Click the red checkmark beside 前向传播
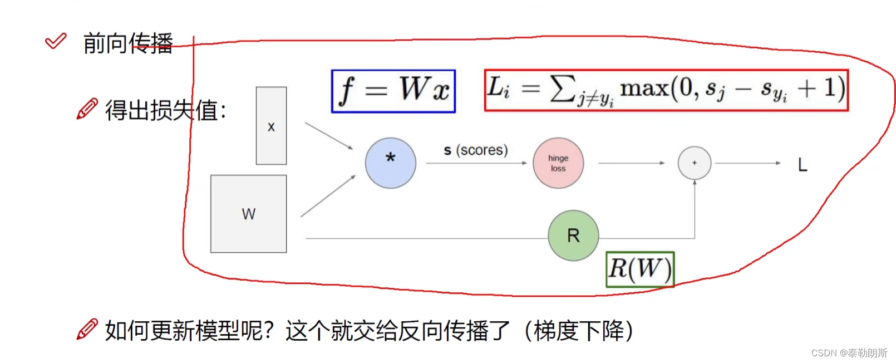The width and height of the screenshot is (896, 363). pos(56,41)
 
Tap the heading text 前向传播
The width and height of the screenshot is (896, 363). pos(128,43)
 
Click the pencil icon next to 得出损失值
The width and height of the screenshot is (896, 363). pos(87,109)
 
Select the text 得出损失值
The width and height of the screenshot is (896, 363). pos(165,110)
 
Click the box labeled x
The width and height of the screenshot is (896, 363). pos(271,126)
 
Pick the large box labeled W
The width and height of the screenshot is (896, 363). pos(248,214)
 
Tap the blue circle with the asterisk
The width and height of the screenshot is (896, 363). pos(390,163)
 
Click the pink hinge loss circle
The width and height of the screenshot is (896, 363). pos(558,163)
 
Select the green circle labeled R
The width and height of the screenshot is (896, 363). pos(573,236)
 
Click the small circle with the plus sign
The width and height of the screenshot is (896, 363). pos(694,163)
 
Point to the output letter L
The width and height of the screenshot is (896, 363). pos(802,165)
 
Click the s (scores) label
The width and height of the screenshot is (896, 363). pos(476,150)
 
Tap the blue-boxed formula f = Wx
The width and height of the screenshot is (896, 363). pos(393,91)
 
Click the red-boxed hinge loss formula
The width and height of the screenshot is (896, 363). pos(666,90)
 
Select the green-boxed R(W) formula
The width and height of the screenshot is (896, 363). pos(640,269)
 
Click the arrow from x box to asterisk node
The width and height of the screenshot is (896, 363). pos(328,136)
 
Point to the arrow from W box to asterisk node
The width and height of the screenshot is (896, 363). pos(328,196)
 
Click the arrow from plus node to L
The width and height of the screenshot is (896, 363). pos(747,163)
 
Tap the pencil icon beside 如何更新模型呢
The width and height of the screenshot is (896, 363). pos(87,329)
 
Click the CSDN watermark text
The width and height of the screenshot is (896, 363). pos(849,353)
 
